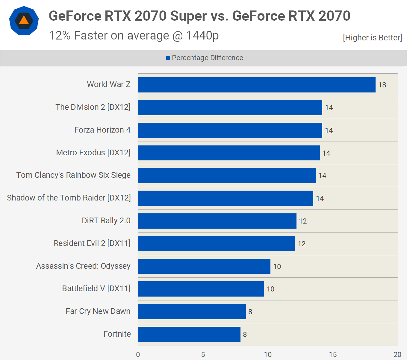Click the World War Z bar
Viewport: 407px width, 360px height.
pos(257,85)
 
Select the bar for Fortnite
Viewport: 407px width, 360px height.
pos(189,334)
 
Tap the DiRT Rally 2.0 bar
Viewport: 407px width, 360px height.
pos(217,221)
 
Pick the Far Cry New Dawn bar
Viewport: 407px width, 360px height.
pos(192,312)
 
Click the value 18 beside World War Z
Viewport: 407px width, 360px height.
pos(382,85)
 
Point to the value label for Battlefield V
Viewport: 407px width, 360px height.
pos(270,289)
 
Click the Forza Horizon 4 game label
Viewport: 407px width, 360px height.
pos(102,130)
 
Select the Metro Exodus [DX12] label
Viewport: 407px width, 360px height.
pos(93,153)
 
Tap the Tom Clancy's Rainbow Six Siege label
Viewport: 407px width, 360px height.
pos(73,175)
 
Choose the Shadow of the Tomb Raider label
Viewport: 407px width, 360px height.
pos(69,198)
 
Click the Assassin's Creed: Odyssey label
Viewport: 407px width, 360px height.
pos(83,266)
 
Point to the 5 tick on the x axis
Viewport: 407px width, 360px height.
pos(203,355)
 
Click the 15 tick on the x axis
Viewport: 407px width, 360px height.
pos(333,355)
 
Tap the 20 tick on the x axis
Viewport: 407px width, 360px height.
pos(397,355)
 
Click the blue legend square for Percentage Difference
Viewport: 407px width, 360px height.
pos(168,58)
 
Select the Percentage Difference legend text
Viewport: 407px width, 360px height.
pos(207,58)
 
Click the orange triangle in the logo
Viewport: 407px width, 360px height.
pos(24,20)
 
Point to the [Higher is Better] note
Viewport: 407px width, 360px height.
pos(372,38)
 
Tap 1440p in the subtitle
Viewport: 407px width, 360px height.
pos(202,36)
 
